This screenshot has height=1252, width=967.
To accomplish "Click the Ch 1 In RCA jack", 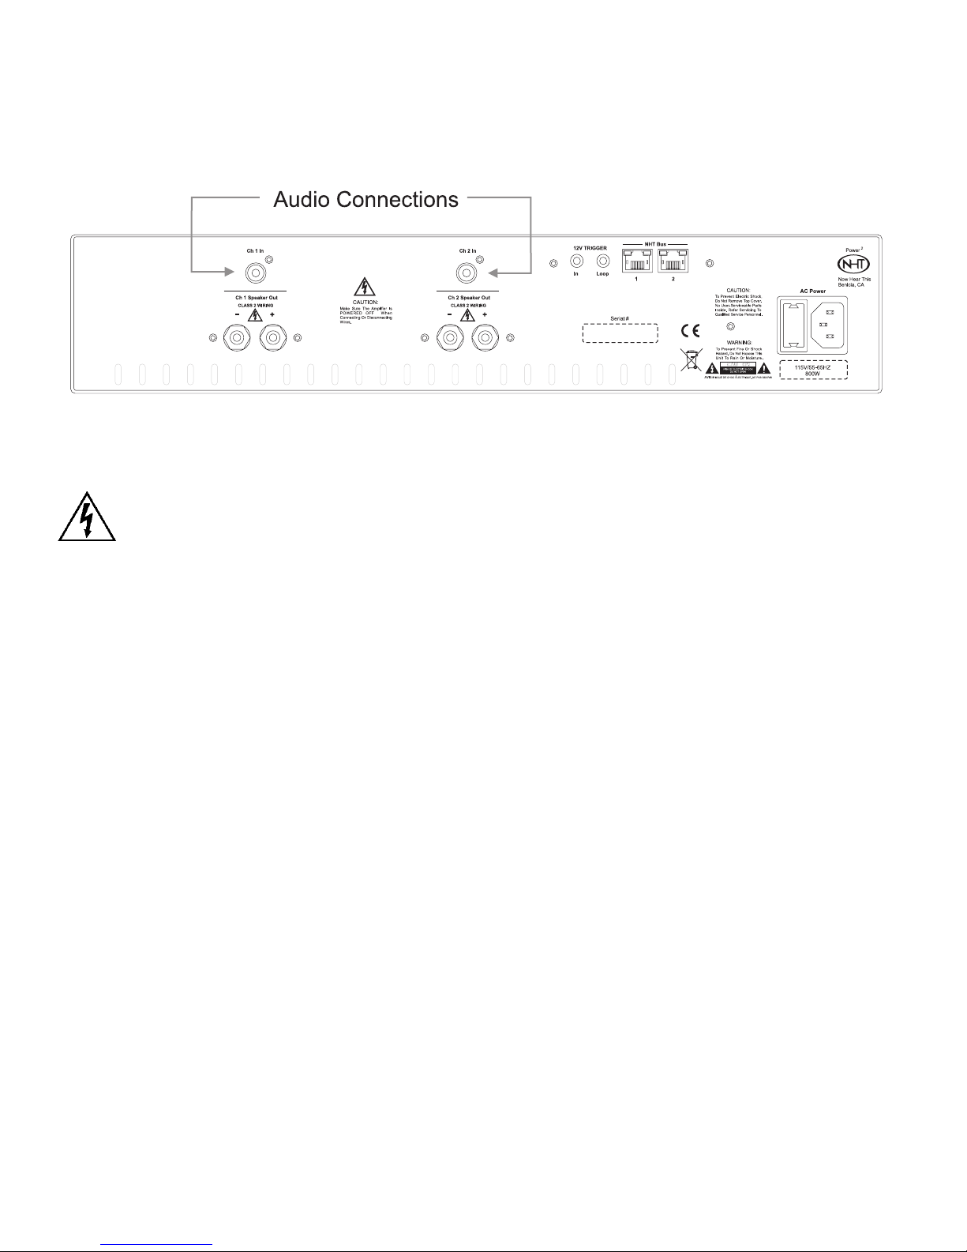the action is pos(255,273).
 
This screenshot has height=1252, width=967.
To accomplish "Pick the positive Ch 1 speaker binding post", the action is pos(272,338).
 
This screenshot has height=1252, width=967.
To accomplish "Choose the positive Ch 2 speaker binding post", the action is pos(485,338).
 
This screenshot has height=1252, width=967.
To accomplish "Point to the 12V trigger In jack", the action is pos(576,260).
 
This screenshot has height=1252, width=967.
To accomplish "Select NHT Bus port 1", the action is pos(637,261).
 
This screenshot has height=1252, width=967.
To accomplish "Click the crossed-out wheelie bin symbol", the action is pos(690,360).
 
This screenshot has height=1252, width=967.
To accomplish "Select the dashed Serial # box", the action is pos(620,333).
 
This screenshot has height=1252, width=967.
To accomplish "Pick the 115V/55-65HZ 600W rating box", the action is pos(814,370).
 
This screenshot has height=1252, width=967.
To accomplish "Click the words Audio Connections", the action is pos(365,200).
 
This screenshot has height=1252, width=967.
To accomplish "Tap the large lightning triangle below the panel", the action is pos(87,519).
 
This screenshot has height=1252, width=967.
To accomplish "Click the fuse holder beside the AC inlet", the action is pos(794,325).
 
